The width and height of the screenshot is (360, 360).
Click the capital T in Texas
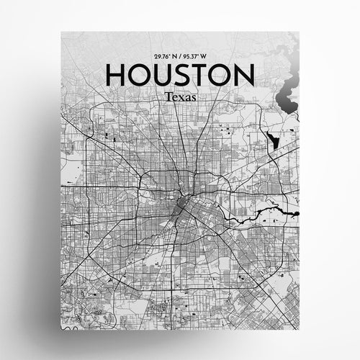coord(167,96)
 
